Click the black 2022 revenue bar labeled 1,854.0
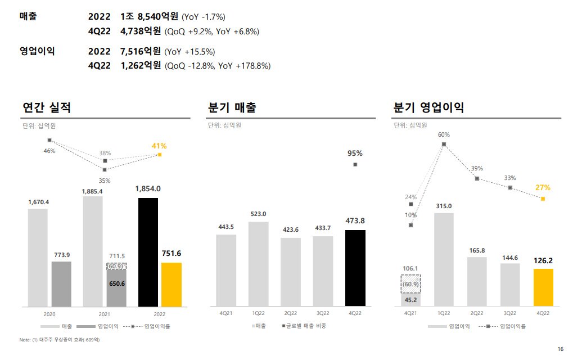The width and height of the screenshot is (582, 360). click(x=148, y=252)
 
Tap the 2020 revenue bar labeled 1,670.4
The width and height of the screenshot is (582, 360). click(x=38, y=257)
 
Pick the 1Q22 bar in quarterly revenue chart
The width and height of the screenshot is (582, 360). click(x=258, y=264)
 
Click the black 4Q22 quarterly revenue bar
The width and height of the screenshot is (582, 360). click(x=355, y=268)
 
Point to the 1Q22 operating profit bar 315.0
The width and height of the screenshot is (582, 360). click(x=444, y=259)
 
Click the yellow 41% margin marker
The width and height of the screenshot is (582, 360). click(x=160, y=154)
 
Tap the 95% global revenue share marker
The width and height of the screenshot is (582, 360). click(x=355, y=164)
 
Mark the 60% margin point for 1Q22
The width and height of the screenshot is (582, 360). click(x=444, y=144)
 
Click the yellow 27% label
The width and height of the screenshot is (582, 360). click(x=543, y=187)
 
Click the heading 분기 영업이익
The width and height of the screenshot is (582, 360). click(x=428, y=107)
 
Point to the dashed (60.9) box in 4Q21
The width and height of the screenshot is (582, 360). click(x=410, y=284)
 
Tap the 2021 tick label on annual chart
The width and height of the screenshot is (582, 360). click(x=93, y=313)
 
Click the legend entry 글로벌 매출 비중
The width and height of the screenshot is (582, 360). click(x=306, y=326)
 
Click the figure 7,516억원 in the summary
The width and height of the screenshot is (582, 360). click(x=141, y=52)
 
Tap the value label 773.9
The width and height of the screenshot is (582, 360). click(x=61, y=255)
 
